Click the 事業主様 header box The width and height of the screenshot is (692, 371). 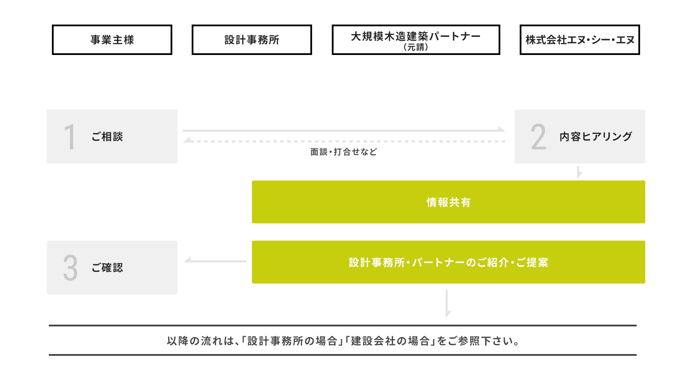click(x=112, y=40)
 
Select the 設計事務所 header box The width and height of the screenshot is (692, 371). click(x=252, y=40)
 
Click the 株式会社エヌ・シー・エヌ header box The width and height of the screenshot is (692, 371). click(x=580, y=40)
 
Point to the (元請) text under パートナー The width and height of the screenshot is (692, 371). click(x=416, y=47)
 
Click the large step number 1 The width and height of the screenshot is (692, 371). click(x=70, y=137)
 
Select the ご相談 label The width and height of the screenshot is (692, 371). click(x=107, y=137)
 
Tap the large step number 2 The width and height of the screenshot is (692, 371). click(x=538, y=137)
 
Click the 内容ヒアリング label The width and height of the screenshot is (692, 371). click(x=596, y=137)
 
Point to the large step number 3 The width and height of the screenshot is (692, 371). click(x=70, y=268)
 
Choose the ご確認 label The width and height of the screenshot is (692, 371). click(x=107, y=267)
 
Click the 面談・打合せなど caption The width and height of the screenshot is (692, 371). click(x=344, y=152)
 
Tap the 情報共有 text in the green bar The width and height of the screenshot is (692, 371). click(x=448, y=202)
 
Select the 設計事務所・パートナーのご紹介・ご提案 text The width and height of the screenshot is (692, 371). click(x=448, y=262)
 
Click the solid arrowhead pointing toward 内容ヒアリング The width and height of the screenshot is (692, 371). click(x=501, y=129)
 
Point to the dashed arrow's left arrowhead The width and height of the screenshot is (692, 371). click(x=187, y=140)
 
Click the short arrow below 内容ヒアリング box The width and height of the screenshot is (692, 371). click(x=579, y=173)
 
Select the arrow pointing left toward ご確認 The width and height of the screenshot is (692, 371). click(x=215, y=261)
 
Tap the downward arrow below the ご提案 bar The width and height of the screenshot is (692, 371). click(x=447, y=304)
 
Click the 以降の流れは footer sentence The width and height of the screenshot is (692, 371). click(x=343, y=341)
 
